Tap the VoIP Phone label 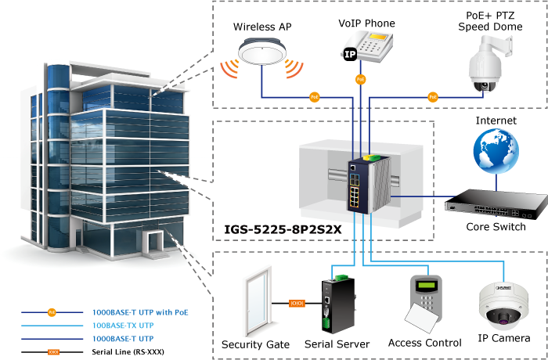pos(366,23)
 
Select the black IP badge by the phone pos(350,54)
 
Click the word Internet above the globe pos(496,121)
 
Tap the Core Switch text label pos(495,227)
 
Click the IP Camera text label pos(503,340)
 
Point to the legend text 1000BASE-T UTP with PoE pos(140,312)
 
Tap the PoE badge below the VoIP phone pos(360,80)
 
